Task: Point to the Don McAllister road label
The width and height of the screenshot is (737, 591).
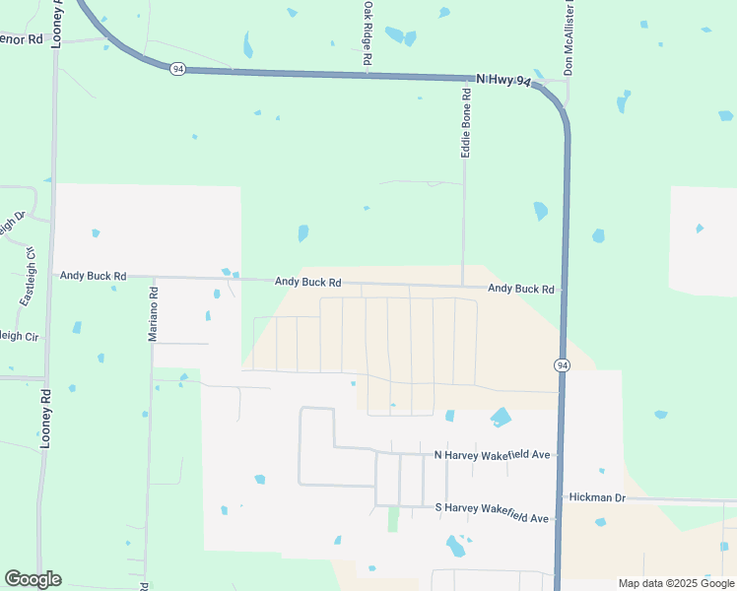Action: (x=568, y=39)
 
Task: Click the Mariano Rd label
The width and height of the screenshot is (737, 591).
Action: (x=153, y=314)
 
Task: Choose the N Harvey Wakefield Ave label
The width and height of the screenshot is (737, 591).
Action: (x=491, y=455)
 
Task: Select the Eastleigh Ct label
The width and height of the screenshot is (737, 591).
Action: (x=29, y=267)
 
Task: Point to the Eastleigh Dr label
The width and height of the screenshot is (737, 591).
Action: (x=12, y=228)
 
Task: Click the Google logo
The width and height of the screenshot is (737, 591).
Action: (x=33, y=579)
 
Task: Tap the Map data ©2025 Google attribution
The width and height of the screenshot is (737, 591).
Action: (x=676, y=583)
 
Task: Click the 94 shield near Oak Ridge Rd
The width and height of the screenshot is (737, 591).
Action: (x=176, y=69)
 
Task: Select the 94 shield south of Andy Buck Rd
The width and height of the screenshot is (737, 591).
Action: (x=562, y=364)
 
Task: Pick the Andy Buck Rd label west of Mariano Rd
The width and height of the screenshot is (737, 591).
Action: (x=94, y=277)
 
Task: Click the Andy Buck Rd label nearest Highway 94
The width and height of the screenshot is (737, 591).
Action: (x=521, y=289)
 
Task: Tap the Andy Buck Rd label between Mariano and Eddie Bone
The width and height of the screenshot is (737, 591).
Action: (x=307, y=281)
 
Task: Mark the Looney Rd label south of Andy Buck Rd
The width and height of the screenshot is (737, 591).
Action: (x=45, y=420)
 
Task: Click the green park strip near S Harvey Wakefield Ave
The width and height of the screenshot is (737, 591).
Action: (x=393, y=519)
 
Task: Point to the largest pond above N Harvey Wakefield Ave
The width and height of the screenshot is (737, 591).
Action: (x=501, y=417)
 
